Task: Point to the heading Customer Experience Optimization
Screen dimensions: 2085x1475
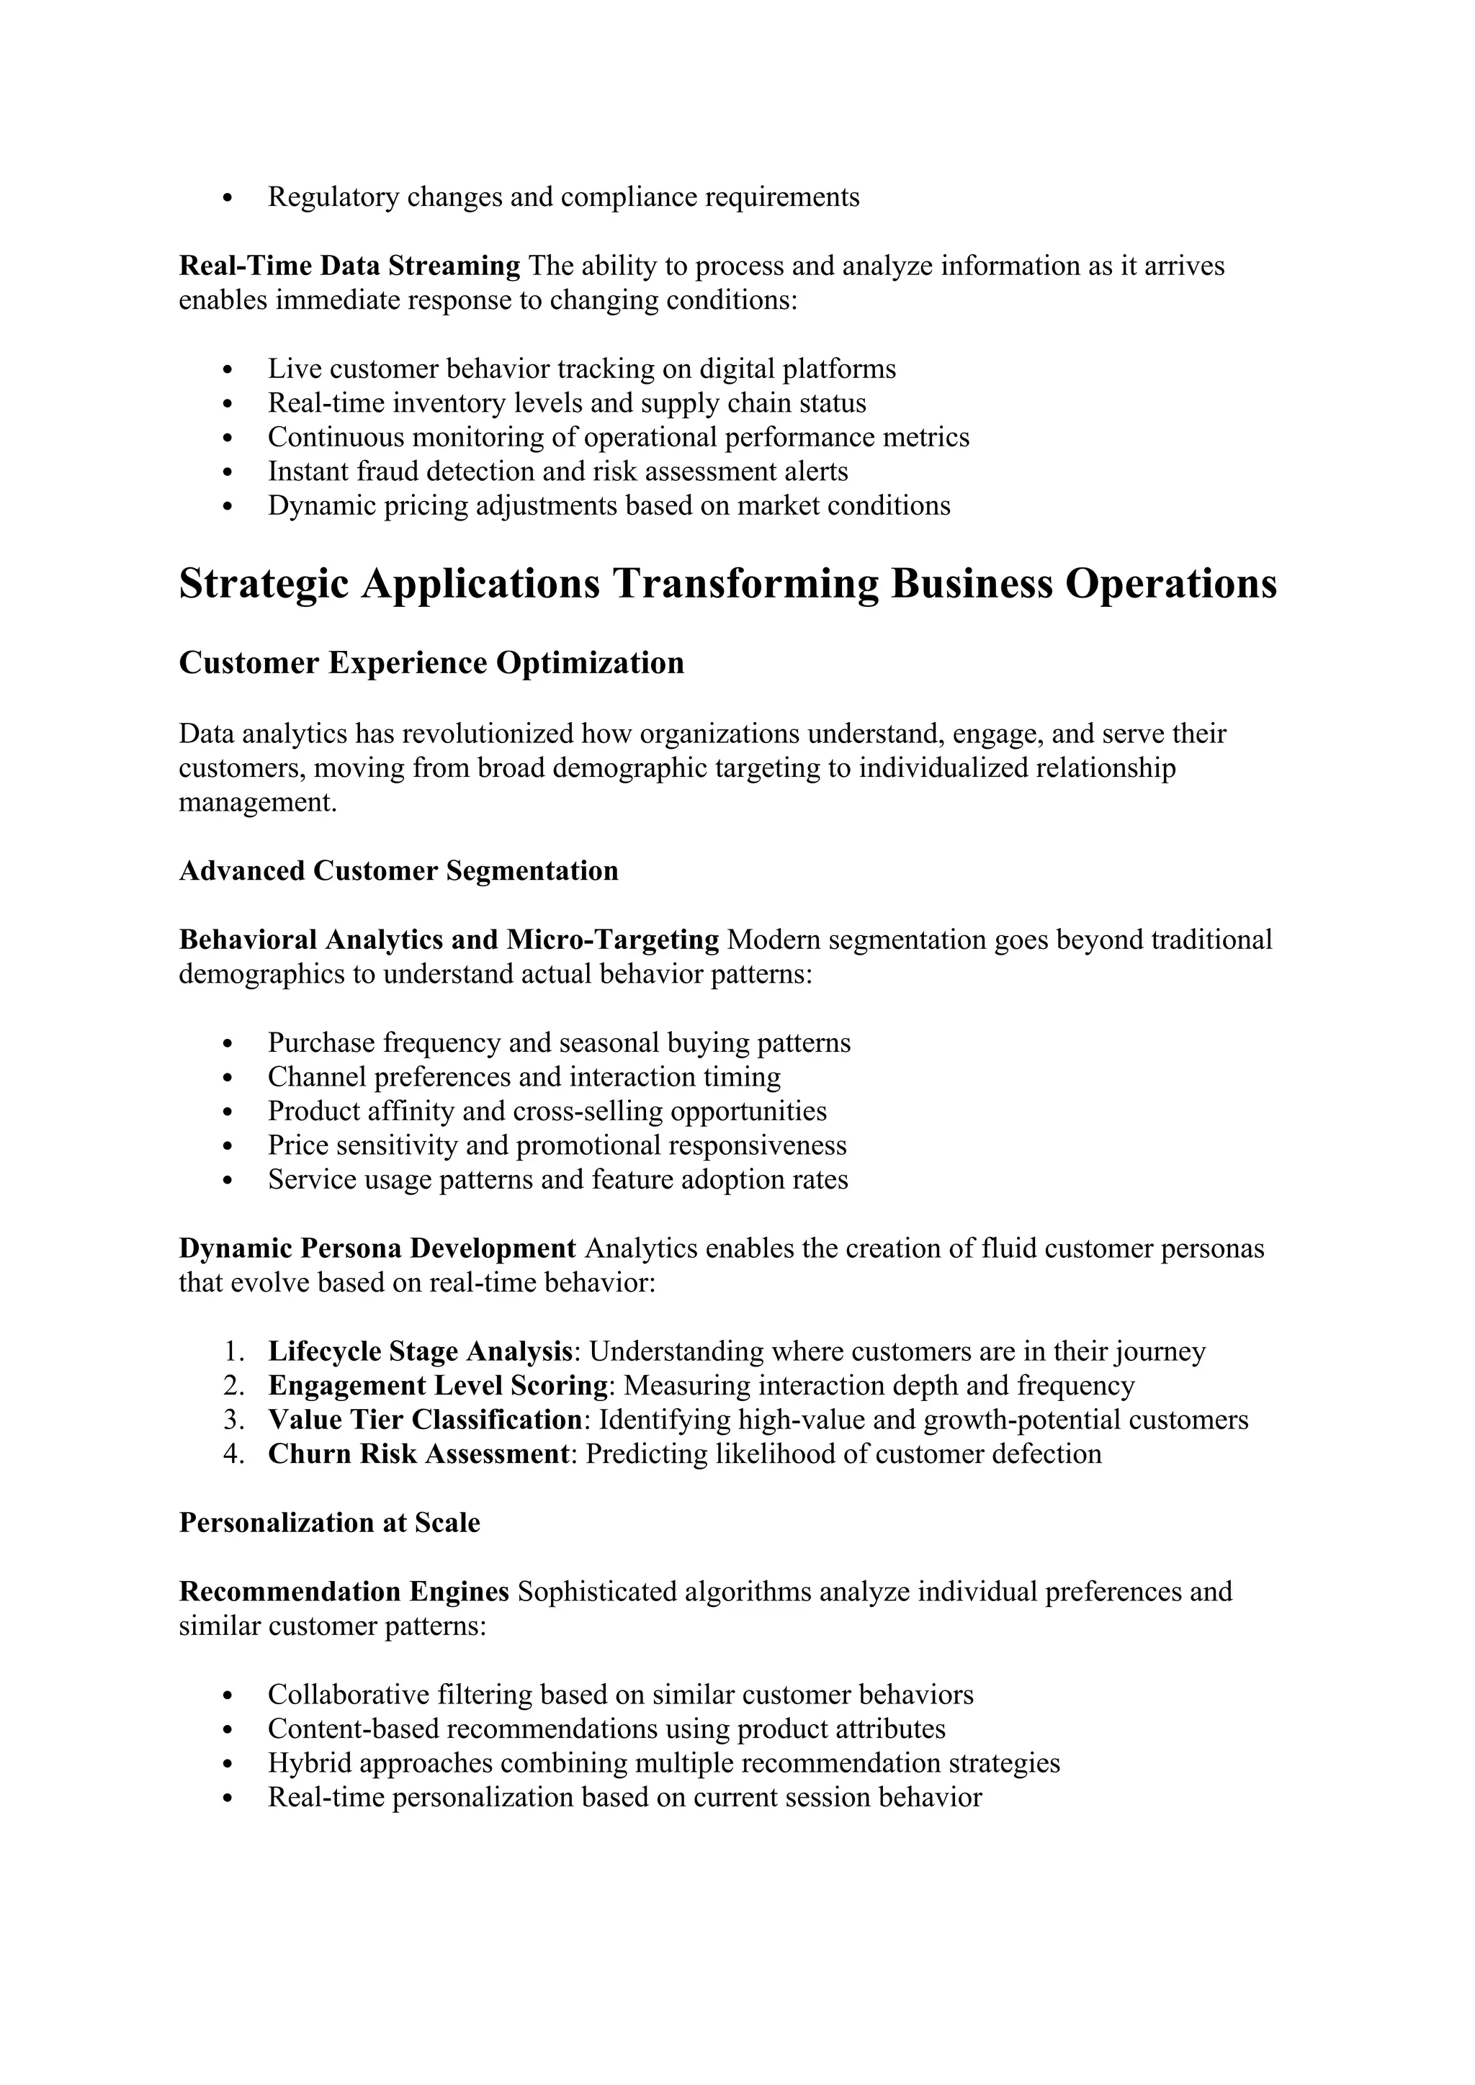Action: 431,663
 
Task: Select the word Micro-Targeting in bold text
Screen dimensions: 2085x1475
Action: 612,940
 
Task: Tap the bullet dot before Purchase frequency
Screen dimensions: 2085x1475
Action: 228,1043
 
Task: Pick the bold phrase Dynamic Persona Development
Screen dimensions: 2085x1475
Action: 377,1248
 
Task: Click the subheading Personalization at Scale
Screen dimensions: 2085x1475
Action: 329,1523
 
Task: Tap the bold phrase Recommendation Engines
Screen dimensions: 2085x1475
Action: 344,1592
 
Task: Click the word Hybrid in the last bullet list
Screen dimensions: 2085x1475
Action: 309,1763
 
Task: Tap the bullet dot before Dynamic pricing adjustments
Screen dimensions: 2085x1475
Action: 228,507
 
